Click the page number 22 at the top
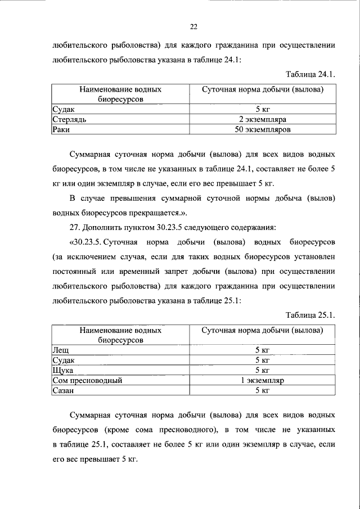click(193, 26)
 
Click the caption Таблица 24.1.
click(310, 74)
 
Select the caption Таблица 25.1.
click(310, 314)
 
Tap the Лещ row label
click(60, 350)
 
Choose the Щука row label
click(62, 370)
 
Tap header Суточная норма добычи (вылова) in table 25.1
click(262, 330)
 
